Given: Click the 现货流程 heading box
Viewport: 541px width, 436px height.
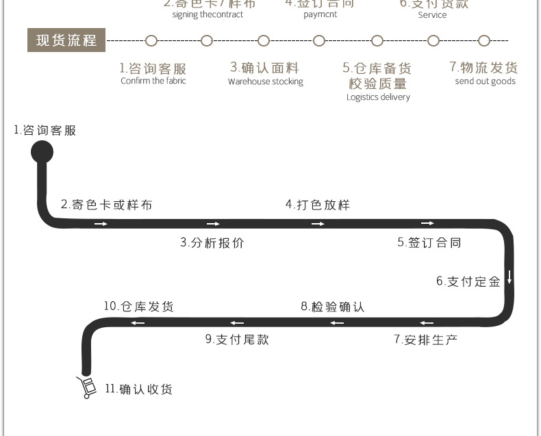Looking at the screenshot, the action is pyautogui.click(x=66, y=40).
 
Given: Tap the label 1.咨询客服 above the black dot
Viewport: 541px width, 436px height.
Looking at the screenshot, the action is pyautogui.click(x=45, y=131).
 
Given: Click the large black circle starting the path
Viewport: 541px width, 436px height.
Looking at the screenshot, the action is pyautogui.click(x=42, y=152).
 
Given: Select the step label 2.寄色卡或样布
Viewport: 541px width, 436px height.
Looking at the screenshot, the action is pyautogui.click(x=106, y=205).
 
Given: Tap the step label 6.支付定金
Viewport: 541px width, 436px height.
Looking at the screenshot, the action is pyautogui.click(x=468, y=281).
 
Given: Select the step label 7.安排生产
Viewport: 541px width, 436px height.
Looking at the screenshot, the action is pyautogui.click(x=425, y=339).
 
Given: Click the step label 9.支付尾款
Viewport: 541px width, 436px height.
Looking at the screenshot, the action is pyautogui.click(x=237, y=339).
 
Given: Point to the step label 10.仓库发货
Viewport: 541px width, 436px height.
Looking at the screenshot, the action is pyautogui.click(x=139, y=307).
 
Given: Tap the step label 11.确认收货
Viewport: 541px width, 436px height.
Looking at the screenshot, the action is pyautogui.click(x=138, y=389).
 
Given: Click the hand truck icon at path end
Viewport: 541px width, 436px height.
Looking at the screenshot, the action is pyautogui.click(x=86, y=387).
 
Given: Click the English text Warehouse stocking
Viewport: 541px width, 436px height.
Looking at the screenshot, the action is pyautogui.click(x=266, y=82).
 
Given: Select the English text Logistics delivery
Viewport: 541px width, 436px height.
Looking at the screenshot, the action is pyautogui.click(x=378, y=97).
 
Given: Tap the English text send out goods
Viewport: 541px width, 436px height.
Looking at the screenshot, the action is pyautogui.click(x=485, y=81).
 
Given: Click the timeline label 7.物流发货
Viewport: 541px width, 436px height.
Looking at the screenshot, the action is pyautogui.click(x=483, y=67).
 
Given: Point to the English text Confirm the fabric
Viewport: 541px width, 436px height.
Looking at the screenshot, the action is pyautogui.click(x=153, y=81).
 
